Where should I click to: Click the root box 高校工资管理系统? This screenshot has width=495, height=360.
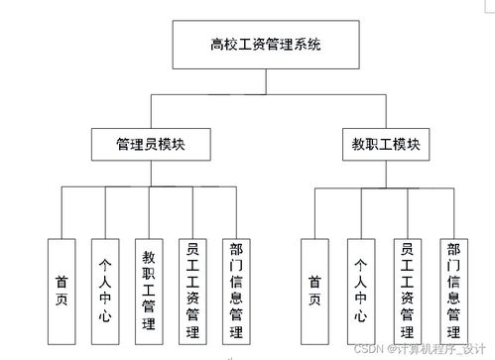tap(266, 44)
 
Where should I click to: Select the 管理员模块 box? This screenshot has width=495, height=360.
tap(151, 144)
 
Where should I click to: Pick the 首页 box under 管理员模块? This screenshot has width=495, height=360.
tap(61, 289)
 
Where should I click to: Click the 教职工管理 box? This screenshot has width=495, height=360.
tap(150, 289)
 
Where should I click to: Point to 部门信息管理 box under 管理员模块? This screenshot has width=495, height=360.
tap(235, 289)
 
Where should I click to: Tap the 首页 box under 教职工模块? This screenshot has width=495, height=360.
tap(314, 289)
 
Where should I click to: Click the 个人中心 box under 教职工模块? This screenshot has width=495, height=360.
tap(360, 289)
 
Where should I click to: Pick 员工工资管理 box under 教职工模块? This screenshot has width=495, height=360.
tap(407, 289)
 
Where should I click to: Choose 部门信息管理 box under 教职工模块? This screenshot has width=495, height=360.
tap(452, 289)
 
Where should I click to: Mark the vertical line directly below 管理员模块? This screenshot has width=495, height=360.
tap(151, 174)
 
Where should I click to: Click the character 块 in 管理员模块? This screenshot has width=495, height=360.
tap(180, 144)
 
